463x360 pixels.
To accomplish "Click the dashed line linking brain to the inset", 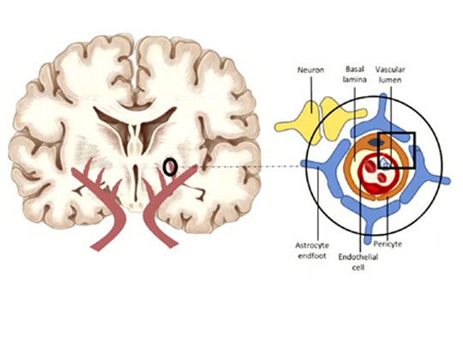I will pos(240,165).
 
